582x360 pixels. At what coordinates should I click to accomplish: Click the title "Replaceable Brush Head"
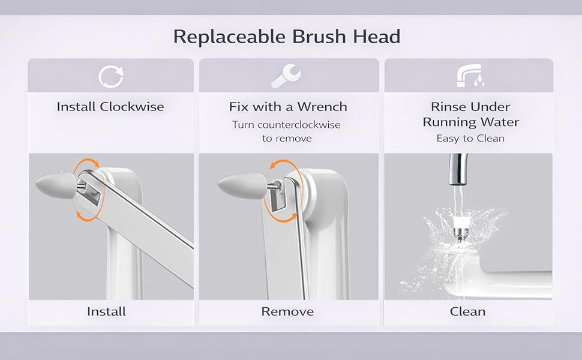pyautogui.click(x=286, y=37)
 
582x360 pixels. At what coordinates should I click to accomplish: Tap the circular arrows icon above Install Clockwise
pyautogui.click(x=111, y=76)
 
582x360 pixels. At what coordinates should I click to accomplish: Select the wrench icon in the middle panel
pyautogui.click(x=286, y=76)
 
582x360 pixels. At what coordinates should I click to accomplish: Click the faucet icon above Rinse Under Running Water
pyautogui.click(x=470, y=76)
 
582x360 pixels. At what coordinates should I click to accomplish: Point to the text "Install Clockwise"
pyautogui.click(x=110, y=107)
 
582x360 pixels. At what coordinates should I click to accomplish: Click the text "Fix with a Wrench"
pyautogui.click(x=288, y=107)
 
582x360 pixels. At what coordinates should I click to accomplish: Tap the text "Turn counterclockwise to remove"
pyautogui.click(x=286, y=131)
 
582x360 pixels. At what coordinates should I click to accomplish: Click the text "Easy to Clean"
pyautogui.click(x=470, y=139)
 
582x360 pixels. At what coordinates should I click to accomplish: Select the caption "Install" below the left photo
pyautogui.click(x=106, y=311)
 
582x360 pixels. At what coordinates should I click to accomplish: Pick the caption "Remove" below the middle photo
pyautogui.click(x=287, y=311)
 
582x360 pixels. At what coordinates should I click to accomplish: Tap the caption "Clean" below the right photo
pyautogui.click(x=467, y=311)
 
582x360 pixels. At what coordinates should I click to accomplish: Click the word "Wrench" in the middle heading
pyautogui.click(x=324, y=107)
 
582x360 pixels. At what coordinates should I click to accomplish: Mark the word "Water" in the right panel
pyautogui.click(x=499, y=122)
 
